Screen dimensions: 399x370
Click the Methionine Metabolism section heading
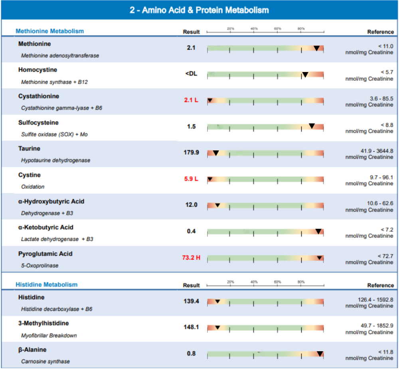coord(49,31)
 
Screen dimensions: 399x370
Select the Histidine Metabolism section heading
coord(47,284)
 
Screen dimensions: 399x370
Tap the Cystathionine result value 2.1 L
coord(191,100)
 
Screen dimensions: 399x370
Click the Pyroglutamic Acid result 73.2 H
coord(191,258)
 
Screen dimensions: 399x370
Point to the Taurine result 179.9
coord(191,152)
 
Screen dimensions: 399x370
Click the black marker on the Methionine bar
coord(316,48)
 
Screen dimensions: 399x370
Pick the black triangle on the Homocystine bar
coord(305,74)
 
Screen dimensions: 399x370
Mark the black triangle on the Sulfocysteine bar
coord(312,126)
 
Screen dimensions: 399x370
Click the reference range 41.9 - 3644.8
coord(377,151)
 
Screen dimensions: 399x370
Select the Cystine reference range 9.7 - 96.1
coord(381,177)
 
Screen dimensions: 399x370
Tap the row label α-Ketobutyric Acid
coord(46,227)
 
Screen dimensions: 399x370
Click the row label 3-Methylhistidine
coord(43,323)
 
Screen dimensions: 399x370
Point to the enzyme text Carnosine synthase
coord(45,361)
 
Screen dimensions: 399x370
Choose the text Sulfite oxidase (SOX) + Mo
coord(54,134)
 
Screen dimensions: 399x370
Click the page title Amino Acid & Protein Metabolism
coord(205,10)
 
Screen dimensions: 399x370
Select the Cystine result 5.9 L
coord(191,179)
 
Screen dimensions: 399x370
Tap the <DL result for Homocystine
coord(191,74)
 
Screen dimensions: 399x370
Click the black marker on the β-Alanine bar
coord(320,354)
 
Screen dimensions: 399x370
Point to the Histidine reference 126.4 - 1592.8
coord(375,300)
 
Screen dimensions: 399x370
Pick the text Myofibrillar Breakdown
coord(49,335)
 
